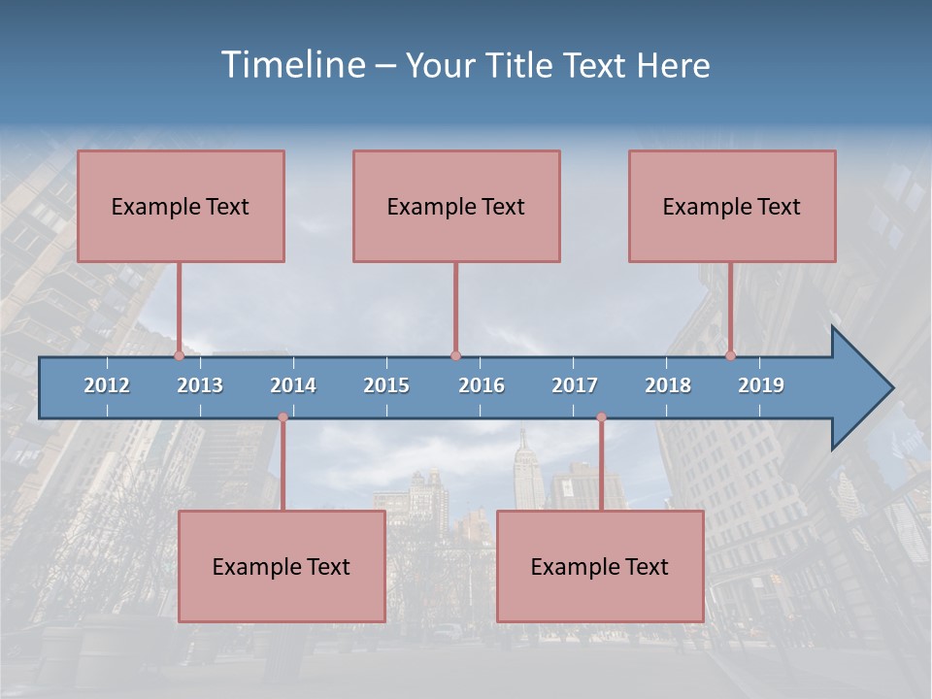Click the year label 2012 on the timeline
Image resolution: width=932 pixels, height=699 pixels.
click(107, 385)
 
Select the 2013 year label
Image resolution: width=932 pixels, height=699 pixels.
click(200, 385)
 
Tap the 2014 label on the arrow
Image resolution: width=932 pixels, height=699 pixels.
click(293, 385)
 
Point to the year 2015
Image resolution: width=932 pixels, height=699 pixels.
click(386, 385)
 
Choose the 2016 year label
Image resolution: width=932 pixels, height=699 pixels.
click(482, 385)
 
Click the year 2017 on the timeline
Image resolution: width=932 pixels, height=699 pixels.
click(575, 385)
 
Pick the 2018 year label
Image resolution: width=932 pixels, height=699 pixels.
click(668, 385)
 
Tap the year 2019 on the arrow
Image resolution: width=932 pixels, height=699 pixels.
click(761, 385)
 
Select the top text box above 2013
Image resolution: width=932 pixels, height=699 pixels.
click(181, 206)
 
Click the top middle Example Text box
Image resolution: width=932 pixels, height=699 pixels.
click(456, 206)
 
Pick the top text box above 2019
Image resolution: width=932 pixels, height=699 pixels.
click(732, 206)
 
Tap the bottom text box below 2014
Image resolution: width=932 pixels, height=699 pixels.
click(282, 566)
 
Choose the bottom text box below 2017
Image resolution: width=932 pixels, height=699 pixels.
click(600, 566)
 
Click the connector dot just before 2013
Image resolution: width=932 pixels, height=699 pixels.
click(179, 355)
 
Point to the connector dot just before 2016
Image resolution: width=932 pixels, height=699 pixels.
click(455, 355)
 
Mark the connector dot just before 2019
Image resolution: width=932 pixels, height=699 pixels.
click(730, 355)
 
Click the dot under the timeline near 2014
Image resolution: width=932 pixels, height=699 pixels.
click(283, 417)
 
